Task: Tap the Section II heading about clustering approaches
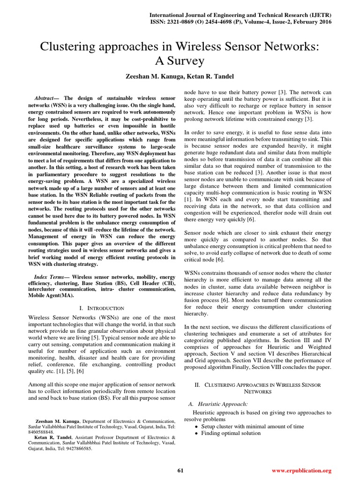(x=258, y=388)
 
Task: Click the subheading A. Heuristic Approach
(x=217, y=404)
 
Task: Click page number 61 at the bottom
(x=180, y=470)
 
